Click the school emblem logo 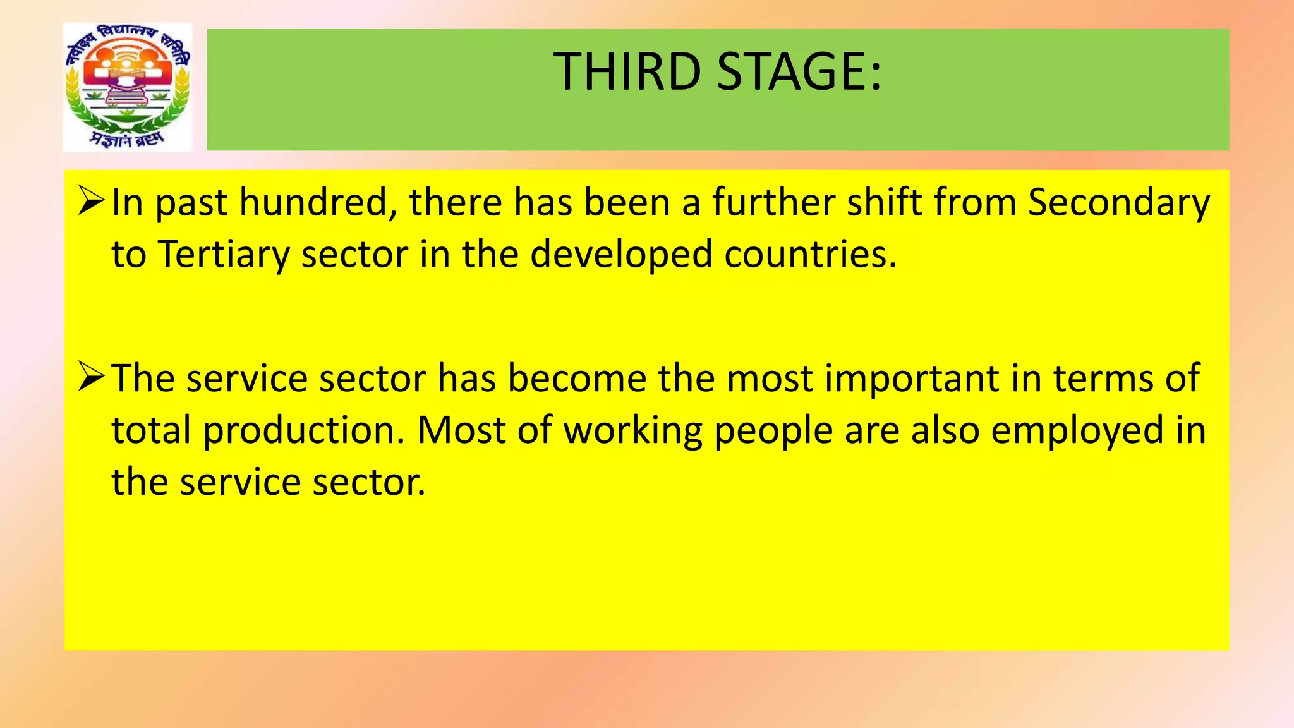128,87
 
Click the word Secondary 1118,204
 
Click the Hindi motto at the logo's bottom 126,139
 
